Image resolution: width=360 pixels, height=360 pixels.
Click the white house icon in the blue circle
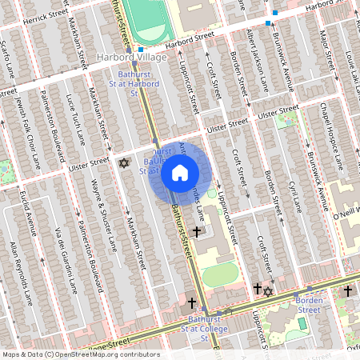[180, 172]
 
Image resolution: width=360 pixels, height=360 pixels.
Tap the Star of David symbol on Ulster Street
[123, 163]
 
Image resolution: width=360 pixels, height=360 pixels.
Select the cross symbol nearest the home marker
[197, 230]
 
